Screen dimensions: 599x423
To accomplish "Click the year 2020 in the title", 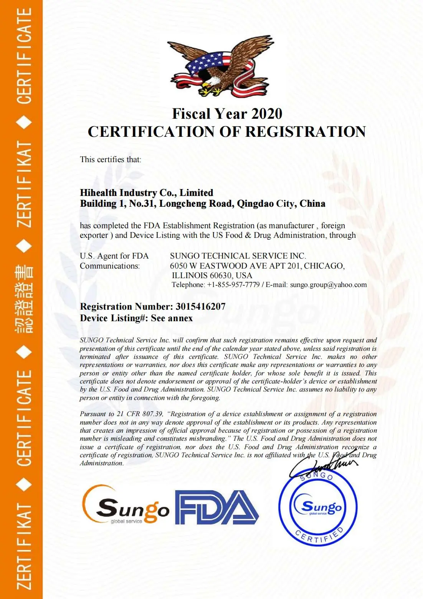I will [267, 114].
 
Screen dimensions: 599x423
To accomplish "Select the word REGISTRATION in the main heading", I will [306, 132].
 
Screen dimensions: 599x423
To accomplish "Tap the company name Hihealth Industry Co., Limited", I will [146, 192].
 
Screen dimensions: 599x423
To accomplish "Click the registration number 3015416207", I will [200, 307].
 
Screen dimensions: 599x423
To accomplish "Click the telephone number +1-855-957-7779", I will [233, 285].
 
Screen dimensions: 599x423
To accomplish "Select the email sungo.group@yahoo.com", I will [328, 285].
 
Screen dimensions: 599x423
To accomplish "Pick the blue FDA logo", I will [217, 507].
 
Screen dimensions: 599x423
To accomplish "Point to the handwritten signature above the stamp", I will [324, 465].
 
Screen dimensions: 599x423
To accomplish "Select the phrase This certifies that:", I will [111, 159].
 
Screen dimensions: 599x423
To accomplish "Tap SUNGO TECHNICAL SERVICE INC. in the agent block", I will [238, 256].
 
